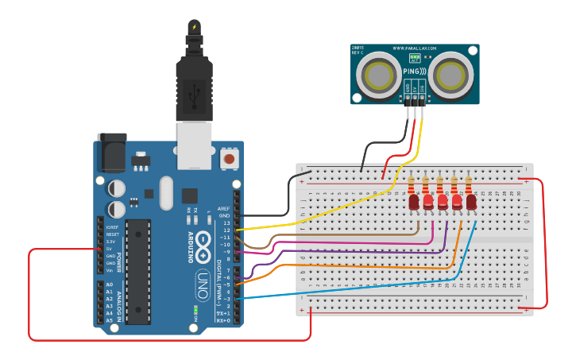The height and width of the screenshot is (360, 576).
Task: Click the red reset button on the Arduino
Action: [x=230, y=159]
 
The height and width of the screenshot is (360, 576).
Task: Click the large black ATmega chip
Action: [x=138, y=271]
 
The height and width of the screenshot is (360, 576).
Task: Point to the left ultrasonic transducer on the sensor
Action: [x=376, y=77]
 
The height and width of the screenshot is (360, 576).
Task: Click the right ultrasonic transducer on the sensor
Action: [x=454, y=77]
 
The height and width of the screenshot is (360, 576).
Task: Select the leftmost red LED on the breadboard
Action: [x=414, y=203]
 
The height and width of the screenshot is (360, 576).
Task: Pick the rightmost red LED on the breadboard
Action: [x=471, y=203]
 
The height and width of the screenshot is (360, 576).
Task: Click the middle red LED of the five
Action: [x=443, y=203]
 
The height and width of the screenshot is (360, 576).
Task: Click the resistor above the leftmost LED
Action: [x=412, y=185]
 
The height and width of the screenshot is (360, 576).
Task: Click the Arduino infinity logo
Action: [x=203, y=239]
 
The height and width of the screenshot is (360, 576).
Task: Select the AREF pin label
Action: [x=224, y=208]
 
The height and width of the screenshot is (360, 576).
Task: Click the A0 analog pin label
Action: [x=110, y=284]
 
